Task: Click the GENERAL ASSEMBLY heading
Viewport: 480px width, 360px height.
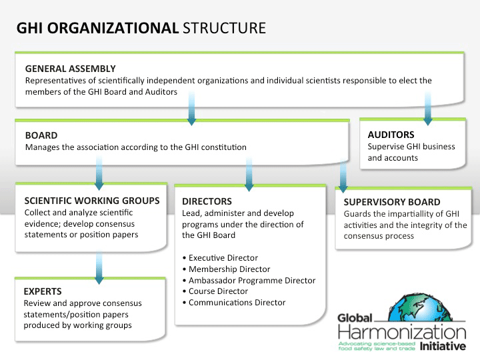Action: point(70,69)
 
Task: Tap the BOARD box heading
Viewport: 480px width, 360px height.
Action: point(41,135)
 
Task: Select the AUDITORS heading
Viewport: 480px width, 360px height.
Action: point(391,135)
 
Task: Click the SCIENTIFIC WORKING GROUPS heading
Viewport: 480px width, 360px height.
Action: point(91,200)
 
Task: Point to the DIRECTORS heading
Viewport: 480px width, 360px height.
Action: point(207,201)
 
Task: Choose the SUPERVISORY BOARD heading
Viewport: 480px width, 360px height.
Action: point(391,201)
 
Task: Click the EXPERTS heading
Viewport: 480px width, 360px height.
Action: point(43,291)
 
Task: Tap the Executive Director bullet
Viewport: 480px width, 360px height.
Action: point(223,258)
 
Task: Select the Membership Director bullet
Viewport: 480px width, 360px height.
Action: point(226,269)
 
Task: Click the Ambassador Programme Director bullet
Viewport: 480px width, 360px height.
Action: point(251,281)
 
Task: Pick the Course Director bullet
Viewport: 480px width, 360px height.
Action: point(218,291)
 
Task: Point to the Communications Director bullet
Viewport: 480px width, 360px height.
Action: point(237,303)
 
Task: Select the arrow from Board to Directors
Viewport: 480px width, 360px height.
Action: point(249,174)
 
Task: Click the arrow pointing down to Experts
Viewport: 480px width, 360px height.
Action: point(99,267)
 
